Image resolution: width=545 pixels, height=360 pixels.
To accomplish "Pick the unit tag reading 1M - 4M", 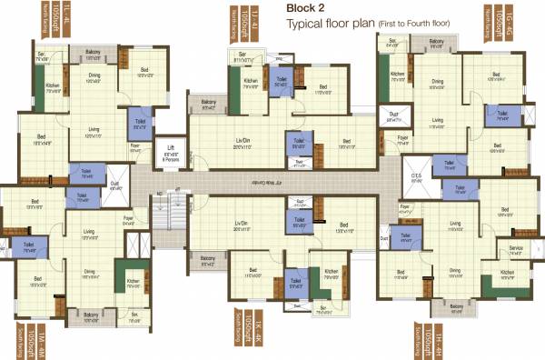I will (15, 337).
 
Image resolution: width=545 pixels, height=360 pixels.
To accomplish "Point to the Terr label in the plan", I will (300, 163).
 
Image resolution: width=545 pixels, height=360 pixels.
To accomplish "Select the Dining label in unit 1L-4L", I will (94, 77).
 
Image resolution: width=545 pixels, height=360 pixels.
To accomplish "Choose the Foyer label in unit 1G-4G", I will (402, 139).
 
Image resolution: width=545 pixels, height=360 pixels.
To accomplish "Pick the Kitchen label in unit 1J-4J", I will (250, 82).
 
